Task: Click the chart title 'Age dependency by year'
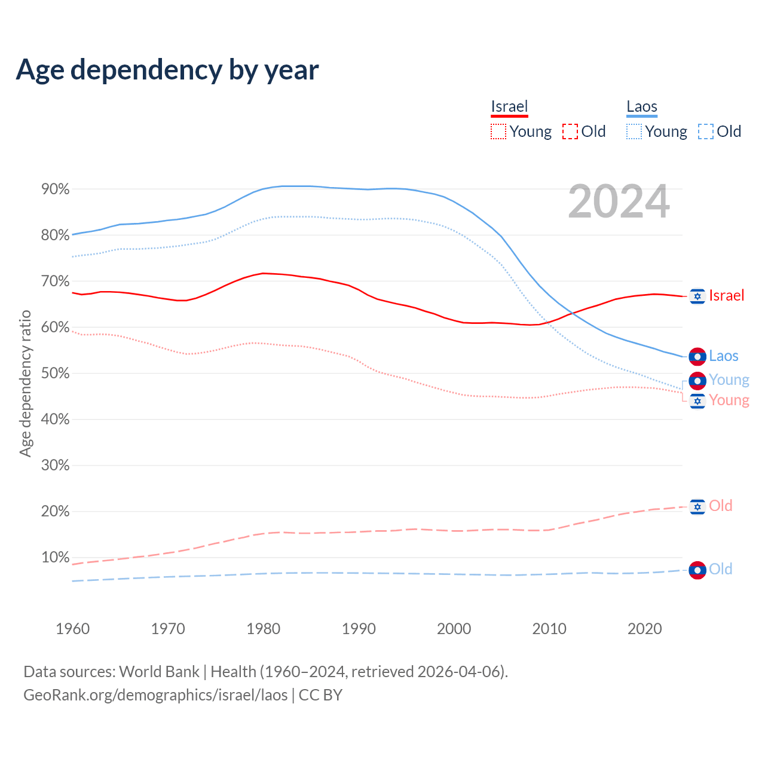pyautogui.click(x=167, y=70)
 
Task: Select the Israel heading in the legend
pyautogui.click(x=509, y=107)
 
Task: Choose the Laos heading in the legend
pyautogui.click(x=641, y=107)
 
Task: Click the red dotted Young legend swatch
pyautogui.click(x=498, y=131)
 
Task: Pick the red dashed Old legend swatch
pyautogui.click(x=570, y=131)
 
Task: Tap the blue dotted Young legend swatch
pyautogui.click(x=634, y=131)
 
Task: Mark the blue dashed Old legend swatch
pyautogui.click(x=706, y=131)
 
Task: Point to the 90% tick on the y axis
pyautogui.click(x=55, y=189)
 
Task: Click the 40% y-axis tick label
pyautogui.click(x=55, y=420)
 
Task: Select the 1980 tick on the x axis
pyautogui.click(x=264, y=629)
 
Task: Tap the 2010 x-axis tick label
pyautogui.click(x=549, y=629)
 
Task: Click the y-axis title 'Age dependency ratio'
pyautogui.click(x=25, y=383)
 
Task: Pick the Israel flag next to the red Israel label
pyautogui.click(x=697, y=296)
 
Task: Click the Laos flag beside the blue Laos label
pyautogui.click(x=697, y=357)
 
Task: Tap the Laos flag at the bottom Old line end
pyautogui.click(x=697, y=570)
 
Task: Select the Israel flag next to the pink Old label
pyautogui.click(x=697, y=507)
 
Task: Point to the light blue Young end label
pyautogui.click(x=729, y=380)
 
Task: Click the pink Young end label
pyautogui.click(x=729, y=400)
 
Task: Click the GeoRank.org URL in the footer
pyautogui.click(x=155, y=695)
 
